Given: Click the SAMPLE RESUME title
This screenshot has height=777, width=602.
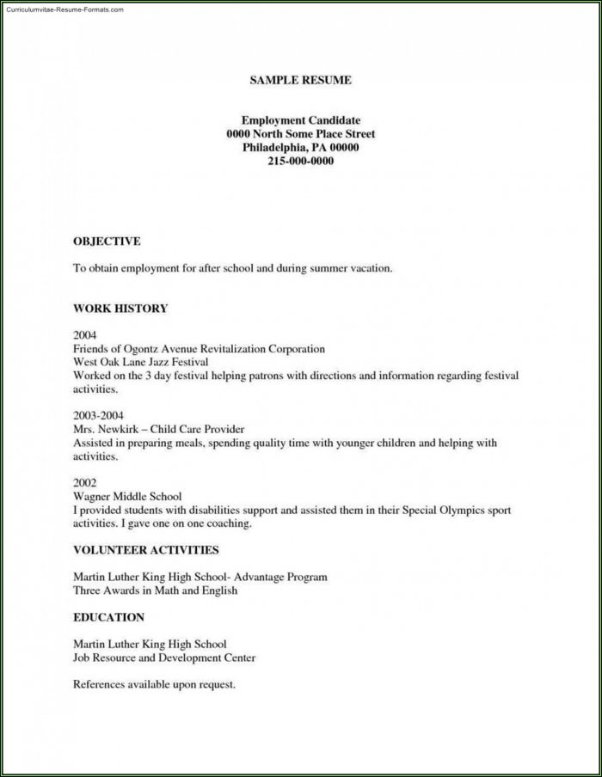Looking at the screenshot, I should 300,80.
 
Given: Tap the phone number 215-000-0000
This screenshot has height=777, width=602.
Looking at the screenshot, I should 300,161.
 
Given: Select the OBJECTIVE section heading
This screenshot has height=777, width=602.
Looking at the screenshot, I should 106,242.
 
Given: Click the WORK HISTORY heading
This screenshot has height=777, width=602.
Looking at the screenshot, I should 120,308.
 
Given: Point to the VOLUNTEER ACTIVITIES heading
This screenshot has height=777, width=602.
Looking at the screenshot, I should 145,549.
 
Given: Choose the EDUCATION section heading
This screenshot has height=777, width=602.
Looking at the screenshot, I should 108,617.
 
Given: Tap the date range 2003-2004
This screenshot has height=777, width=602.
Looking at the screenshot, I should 98,415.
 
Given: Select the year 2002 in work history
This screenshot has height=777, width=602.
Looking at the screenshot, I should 85,483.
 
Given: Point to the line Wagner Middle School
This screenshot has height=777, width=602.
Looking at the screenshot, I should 126,497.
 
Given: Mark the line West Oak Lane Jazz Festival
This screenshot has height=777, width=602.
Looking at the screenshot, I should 140,363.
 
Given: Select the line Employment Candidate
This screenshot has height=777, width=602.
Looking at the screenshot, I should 300,120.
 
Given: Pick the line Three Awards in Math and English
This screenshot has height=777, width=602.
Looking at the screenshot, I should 154,590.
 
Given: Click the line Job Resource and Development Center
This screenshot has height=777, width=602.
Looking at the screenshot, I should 163,658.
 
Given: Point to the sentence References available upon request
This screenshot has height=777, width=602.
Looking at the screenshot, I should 154,685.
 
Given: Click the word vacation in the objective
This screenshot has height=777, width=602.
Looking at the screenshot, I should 368,268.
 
